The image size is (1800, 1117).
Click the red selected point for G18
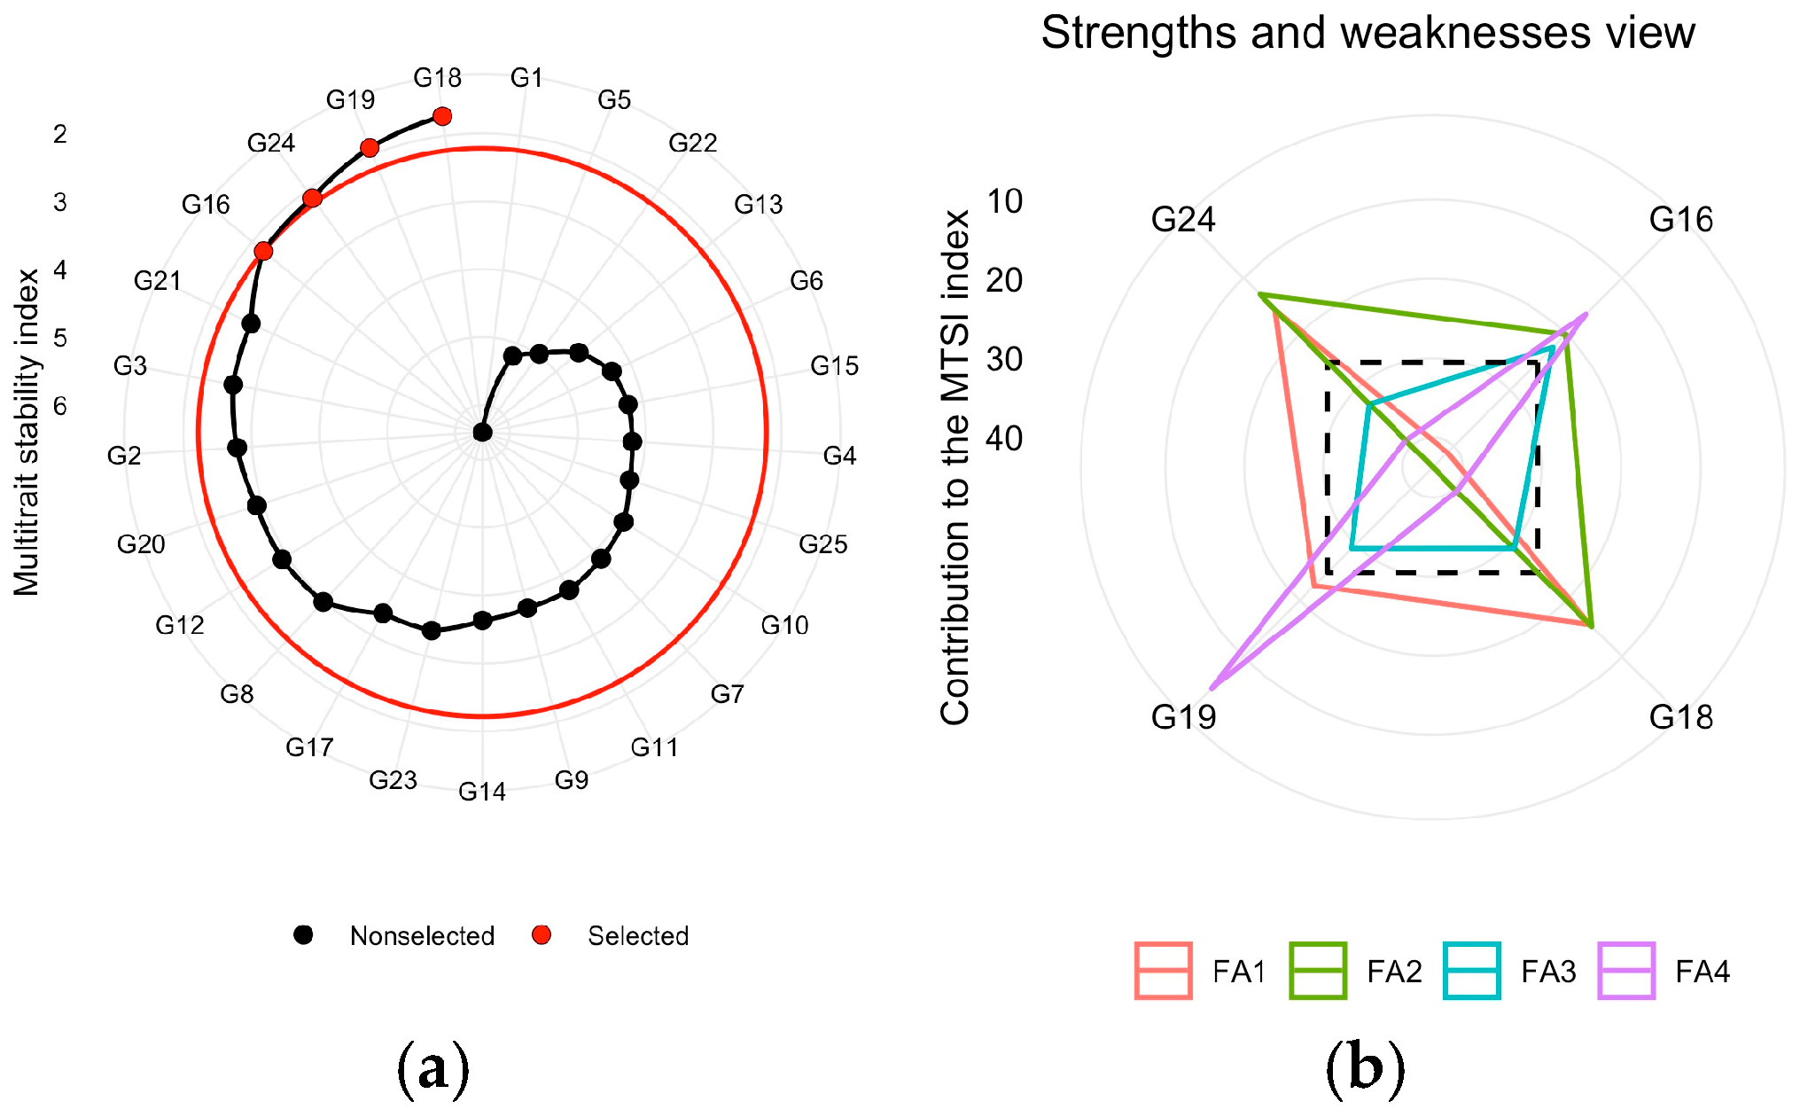click(x=442, y=116)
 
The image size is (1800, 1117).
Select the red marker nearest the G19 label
click(x=370, y=147)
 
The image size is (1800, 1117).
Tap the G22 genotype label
click(x=692, y=143)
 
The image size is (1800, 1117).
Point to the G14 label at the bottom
click(x=482, y=791)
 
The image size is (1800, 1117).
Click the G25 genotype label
click(x=822, y=544)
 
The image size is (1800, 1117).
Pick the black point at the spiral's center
click(x=482, y=433)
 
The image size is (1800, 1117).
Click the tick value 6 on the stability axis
click(x=60, y=406)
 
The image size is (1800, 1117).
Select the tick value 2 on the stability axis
click(x=60, y=134)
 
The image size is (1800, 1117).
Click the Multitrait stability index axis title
click(x=27, y=433)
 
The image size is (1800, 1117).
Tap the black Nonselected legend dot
click(x=304, y=935)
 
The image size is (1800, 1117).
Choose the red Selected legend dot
click(x=542, y=935)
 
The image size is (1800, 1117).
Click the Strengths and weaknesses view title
click(x=1368, y=34)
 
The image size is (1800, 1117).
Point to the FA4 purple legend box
click(x=1626, y=972)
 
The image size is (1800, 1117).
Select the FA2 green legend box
click(x=1318, y=972)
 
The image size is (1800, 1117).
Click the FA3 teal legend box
click(x=1472, y=972)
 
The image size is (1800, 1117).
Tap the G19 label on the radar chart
click(x=1183, y=716)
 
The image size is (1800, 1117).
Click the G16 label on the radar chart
click(x=1680, y=220)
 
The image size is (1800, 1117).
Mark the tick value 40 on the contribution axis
click(x=1004, y=438)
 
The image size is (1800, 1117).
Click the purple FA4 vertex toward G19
click(x=1212, y=688)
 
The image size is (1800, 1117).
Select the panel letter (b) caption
click(x=1365, y=1068)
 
